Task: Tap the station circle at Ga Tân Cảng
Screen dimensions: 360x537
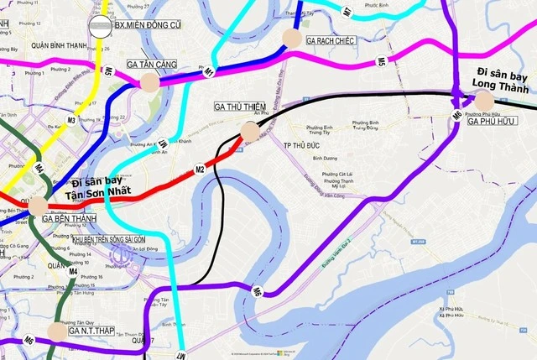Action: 149,81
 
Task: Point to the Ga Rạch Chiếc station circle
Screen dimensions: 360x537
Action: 292,37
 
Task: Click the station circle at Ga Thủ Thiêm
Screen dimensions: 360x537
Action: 250,130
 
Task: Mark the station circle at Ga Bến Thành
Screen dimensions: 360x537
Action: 39,205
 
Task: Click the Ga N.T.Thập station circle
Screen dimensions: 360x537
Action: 56,331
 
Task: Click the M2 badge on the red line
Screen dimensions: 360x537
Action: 201,170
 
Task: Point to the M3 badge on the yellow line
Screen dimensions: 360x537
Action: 71,120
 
